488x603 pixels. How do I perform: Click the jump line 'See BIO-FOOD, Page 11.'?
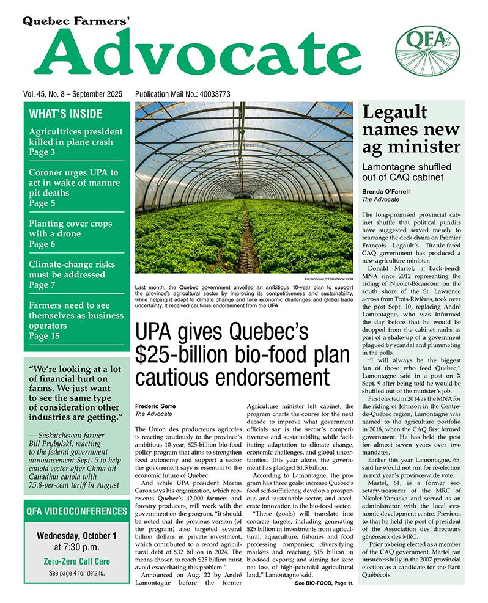pyautogui.click(x=324, y=584)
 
